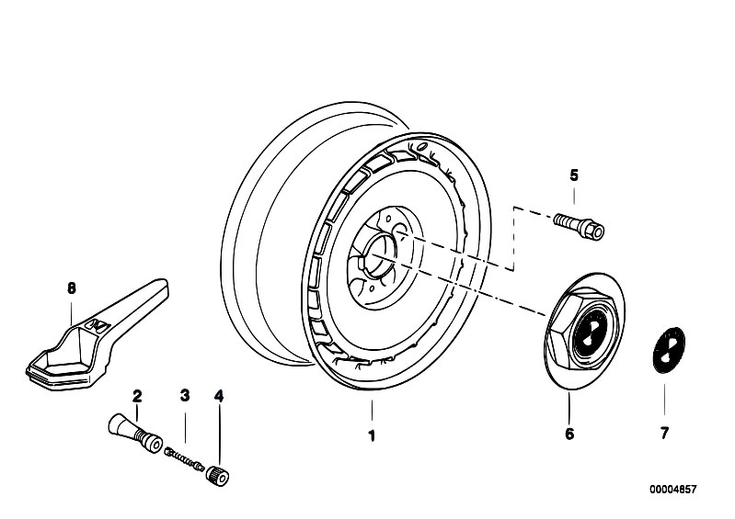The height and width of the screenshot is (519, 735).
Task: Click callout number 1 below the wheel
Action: coord(372,436)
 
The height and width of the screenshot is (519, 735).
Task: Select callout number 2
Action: coord(137,397)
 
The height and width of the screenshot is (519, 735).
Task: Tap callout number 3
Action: coord(185,396)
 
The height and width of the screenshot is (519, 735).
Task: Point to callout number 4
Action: coord(219,397)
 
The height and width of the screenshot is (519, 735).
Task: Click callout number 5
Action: coord(574,175)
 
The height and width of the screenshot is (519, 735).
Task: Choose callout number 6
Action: coord(569,434)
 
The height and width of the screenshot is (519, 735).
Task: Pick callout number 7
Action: coord(664,434)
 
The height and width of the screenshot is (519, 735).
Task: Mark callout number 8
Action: coord(71,288)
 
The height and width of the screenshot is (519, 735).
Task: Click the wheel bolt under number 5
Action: coord(579,226)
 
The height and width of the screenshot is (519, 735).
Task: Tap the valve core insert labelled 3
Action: coord(184,459)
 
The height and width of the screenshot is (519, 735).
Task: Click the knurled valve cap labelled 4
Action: coord(217,476)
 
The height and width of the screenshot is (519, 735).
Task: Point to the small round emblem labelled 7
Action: coord(669,350)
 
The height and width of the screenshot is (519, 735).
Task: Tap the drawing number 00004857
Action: coord(672,489)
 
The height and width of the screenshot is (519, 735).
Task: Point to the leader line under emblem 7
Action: coord(664,400)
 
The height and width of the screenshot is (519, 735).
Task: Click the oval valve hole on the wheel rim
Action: coord(421,147)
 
